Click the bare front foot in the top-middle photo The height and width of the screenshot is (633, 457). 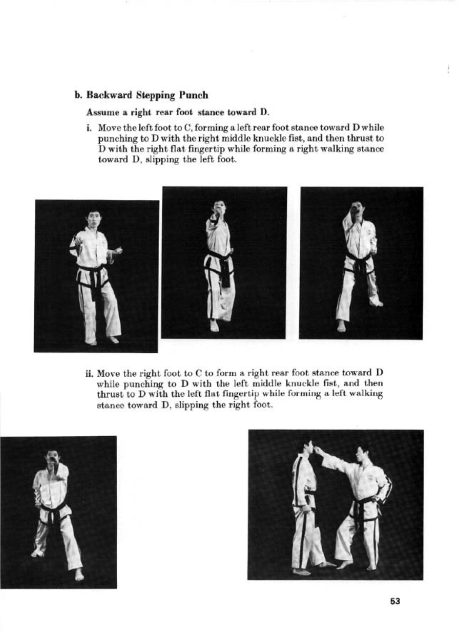(214, 325)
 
